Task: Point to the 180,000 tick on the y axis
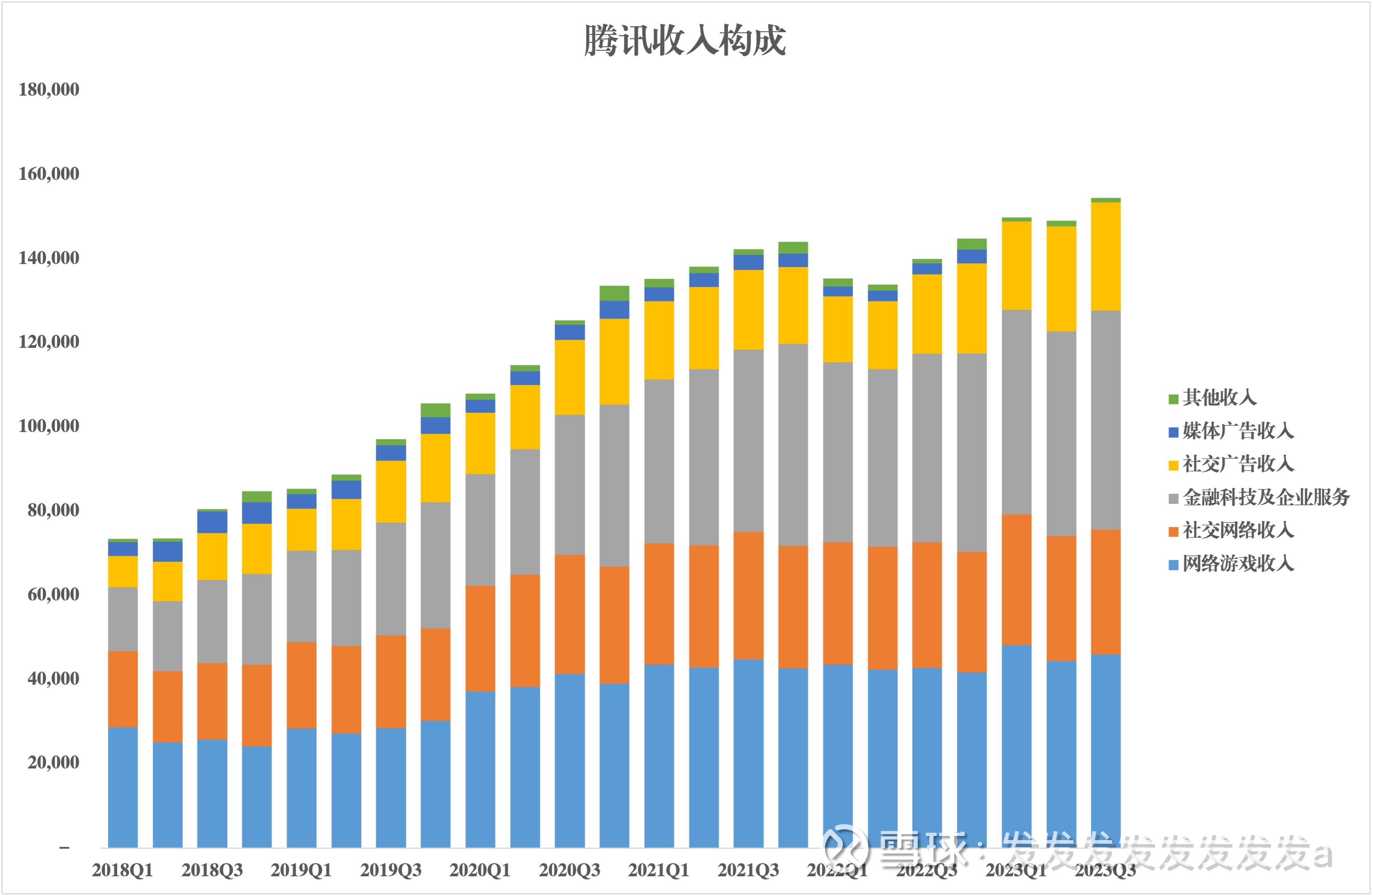49,89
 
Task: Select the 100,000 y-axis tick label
49,426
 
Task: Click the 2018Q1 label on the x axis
122,870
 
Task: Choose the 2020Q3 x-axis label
569,870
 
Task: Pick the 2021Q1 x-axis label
659,870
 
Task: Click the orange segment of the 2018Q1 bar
123,689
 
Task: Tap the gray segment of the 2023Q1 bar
1016,413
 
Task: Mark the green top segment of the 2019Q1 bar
302,491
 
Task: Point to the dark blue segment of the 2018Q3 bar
212,522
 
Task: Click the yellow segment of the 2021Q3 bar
748,310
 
